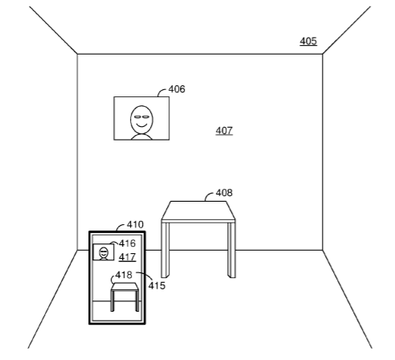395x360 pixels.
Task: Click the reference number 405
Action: point(308,41)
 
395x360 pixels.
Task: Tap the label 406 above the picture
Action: point(177,89)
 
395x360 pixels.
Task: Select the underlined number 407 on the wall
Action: point(224,131)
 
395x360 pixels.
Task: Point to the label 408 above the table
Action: point(224,193)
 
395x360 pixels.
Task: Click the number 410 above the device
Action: point(135,224)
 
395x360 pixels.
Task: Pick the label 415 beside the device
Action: point(157,285)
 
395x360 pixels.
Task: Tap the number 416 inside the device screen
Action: point(128,243)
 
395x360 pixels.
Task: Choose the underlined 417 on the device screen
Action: point(128,257)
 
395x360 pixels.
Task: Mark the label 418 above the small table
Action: point(124,275)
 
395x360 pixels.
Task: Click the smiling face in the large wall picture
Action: point(141,120)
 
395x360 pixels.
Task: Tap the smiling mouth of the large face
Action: point(141,125)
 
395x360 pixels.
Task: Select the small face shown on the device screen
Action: point(104,252)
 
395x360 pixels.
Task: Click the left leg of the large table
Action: point(165,249)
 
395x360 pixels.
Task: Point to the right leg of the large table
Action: point(231,249)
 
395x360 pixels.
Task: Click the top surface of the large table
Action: point(198,211)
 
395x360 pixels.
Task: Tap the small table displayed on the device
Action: point(125,297)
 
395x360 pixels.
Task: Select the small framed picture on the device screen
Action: point(104,252)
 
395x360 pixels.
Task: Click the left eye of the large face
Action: point(137,117)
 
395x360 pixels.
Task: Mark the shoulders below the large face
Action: point(141,137)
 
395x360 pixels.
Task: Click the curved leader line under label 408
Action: point(209,195)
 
